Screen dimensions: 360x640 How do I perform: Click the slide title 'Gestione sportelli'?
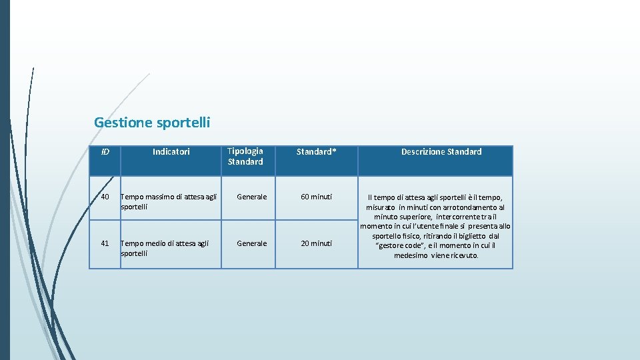(152, 123)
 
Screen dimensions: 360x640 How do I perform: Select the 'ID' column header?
(105, 152)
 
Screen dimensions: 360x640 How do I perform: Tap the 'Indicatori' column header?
(171, 152)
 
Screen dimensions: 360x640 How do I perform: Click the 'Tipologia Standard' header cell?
(245, 157)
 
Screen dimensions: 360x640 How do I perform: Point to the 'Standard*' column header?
(317, 152)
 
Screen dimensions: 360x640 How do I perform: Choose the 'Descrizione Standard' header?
(441, 152)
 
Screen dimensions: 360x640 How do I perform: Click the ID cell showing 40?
(105, 197)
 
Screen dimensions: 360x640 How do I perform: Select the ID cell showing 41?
(105, 243)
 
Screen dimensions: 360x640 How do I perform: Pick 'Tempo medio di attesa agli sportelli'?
(165, 248)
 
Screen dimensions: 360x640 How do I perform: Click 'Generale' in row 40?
(252, 197)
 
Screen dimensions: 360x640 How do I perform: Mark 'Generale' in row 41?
(252, 243)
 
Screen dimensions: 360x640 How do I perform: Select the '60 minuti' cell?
(317, 197)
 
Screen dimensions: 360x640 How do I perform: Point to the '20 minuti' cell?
(317, 243)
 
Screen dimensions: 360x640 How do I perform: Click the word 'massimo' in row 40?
(155, 197)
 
